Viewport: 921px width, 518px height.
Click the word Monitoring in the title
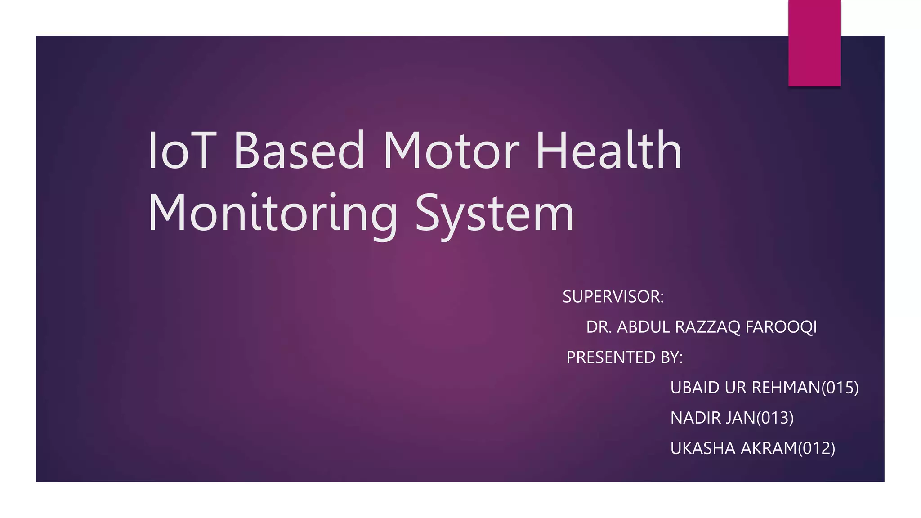tap(273, 214)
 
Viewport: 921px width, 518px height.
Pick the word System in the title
tap(495, 214)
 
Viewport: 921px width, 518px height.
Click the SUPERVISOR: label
tap(613, 297)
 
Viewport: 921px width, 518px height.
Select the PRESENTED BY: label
tap(624, 357)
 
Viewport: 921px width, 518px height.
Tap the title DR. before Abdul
tap(599, 327)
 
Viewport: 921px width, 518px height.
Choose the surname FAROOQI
tap(781, 327)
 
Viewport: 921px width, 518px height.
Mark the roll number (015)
tap(840, 388)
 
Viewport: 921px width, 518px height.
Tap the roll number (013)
tap(775, 418)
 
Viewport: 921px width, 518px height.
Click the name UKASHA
tap(702, 448)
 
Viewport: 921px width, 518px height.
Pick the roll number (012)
tap(817, 448)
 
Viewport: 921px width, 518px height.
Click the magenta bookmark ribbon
tap(814, 43)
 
